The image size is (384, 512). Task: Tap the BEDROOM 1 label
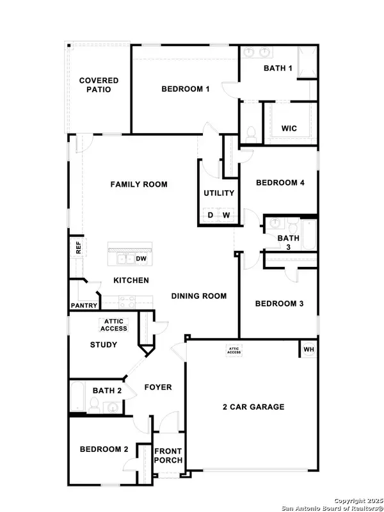pos(185,89)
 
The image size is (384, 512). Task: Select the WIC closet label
pos(289,128)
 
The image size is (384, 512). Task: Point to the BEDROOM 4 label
pos(280,182)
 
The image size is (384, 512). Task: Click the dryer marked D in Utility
pos(211,215)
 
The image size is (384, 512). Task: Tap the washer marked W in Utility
pos(226,215)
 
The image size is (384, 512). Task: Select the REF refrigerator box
pos(78,247)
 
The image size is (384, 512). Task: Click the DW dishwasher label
pos(141,258)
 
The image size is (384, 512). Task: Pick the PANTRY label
pos(83,305)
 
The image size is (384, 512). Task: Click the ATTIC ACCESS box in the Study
pos(113,325)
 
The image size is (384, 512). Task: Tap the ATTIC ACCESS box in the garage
pos(234,350)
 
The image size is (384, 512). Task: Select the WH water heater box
pos(308,349)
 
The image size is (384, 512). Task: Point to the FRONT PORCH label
pos(169,456)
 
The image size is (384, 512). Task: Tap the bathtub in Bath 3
pos(309,236)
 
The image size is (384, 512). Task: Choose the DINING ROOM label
pos(199,296)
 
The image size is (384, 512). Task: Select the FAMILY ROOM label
pos(139,184)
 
